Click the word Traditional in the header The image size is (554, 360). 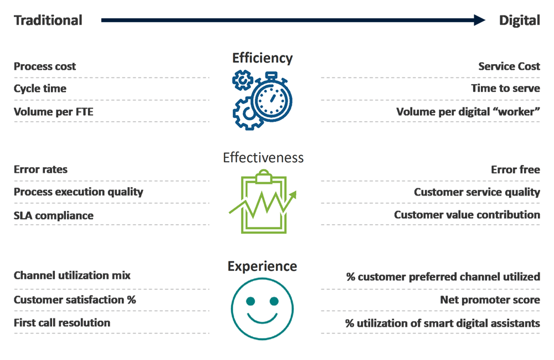pos(48,20)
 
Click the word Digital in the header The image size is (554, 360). pos(519,20)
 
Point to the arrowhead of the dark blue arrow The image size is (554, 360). pos(480,20)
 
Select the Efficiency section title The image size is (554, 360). pos(262,58)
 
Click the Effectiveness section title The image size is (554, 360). pos(263,158)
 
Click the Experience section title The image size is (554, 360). pos(262,266)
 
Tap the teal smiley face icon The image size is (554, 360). pos(262,307)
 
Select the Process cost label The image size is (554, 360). pos(45,66)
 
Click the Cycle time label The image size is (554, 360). pos(40,89)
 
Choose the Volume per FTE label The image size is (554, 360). pos(54,112)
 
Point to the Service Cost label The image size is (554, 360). pos(509,66)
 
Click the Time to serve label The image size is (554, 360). pos(505,89)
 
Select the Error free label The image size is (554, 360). pos(515,169)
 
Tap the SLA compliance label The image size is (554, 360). pos(54,215)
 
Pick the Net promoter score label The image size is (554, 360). pos(490,300)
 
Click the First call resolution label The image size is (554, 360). pos(62,322)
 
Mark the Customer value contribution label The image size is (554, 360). pos(467,215)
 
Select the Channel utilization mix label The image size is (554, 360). pos(72,275)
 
